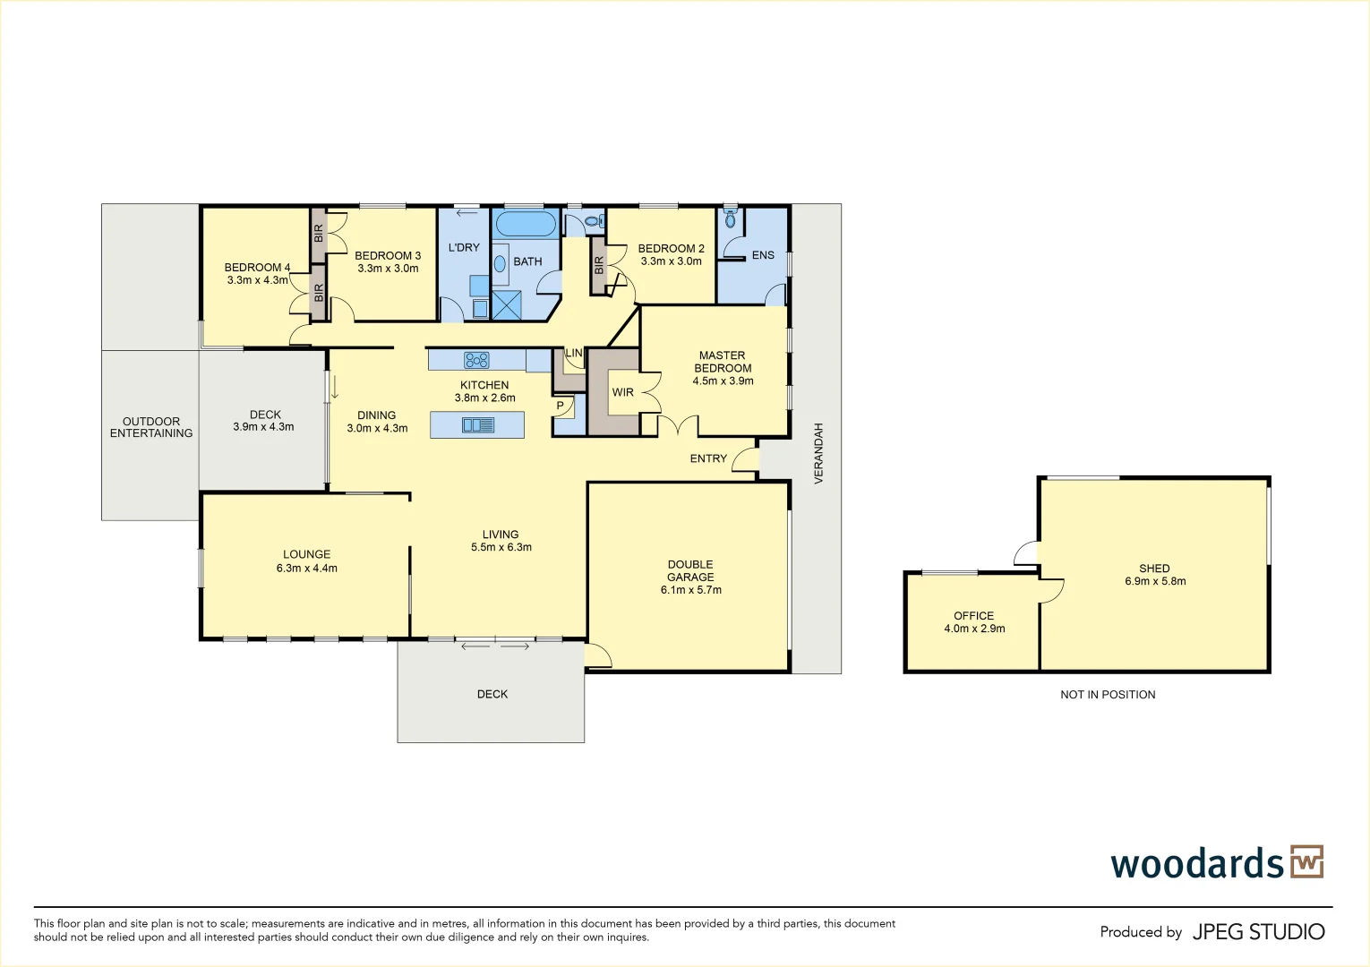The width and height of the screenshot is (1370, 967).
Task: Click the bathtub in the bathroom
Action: tap(527, 224)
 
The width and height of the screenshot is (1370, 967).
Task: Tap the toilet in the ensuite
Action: tap(730, 218)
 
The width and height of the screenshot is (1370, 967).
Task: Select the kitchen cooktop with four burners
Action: tap(476, 360)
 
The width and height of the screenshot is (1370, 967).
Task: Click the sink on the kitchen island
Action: tap(477, 425)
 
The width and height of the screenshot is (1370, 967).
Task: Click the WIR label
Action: tap(622, 392)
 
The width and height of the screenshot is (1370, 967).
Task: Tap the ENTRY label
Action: tap(708, 458)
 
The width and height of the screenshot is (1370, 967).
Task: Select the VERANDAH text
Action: tap(818, 454)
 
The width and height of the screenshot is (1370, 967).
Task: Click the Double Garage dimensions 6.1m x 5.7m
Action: tap(690, 590)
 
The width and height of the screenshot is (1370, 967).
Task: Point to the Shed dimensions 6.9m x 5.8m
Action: tap(1154, 581)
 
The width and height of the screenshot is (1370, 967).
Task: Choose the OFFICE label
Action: tap(973, 615)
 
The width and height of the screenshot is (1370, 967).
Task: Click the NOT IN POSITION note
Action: tap(1108, 695)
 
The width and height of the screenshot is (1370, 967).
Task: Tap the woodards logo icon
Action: tap(1306, 862)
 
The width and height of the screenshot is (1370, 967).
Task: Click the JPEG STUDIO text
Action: tap(1258, 932)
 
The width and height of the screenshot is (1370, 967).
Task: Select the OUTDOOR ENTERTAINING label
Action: tap(151, 427)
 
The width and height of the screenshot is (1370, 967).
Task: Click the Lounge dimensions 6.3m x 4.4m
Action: tap(306, 569)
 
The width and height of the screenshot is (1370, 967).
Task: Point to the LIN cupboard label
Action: tap(573, 354)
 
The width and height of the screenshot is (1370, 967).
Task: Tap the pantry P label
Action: tap(561, 406)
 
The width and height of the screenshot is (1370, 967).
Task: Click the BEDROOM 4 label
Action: tap(257, 267)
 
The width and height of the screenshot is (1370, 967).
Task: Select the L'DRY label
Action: tap(464, 247)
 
